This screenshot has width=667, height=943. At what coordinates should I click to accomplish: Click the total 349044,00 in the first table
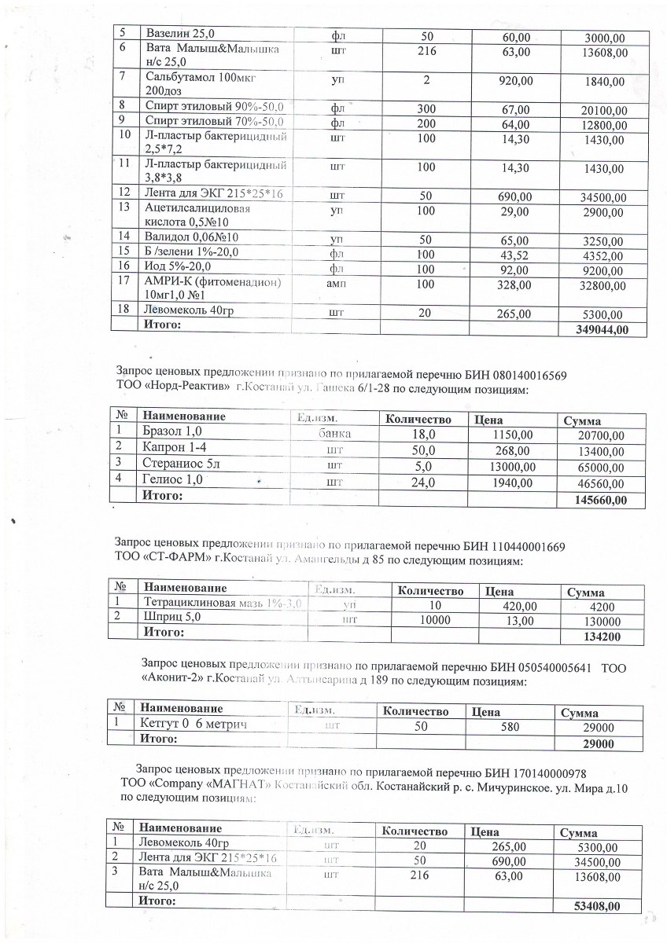(603, 329)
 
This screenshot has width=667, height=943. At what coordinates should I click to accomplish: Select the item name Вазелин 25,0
(182, 32)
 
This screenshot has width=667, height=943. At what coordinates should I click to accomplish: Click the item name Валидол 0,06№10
(192, 237)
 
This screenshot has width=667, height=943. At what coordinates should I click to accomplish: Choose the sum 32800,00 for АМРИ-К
(599, 286)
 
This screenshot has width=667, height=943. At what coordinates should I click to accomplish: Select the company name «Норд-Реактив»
(186, 389)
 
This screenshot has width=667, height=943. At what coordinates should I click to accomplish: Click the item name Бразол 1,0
(172, 431)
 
